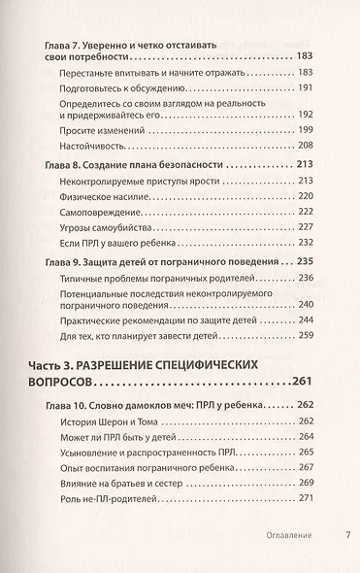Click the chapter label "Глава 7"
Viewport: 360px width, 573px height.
click(68, 45)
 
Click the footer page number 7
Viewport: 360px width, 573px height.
click(347, 536)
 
